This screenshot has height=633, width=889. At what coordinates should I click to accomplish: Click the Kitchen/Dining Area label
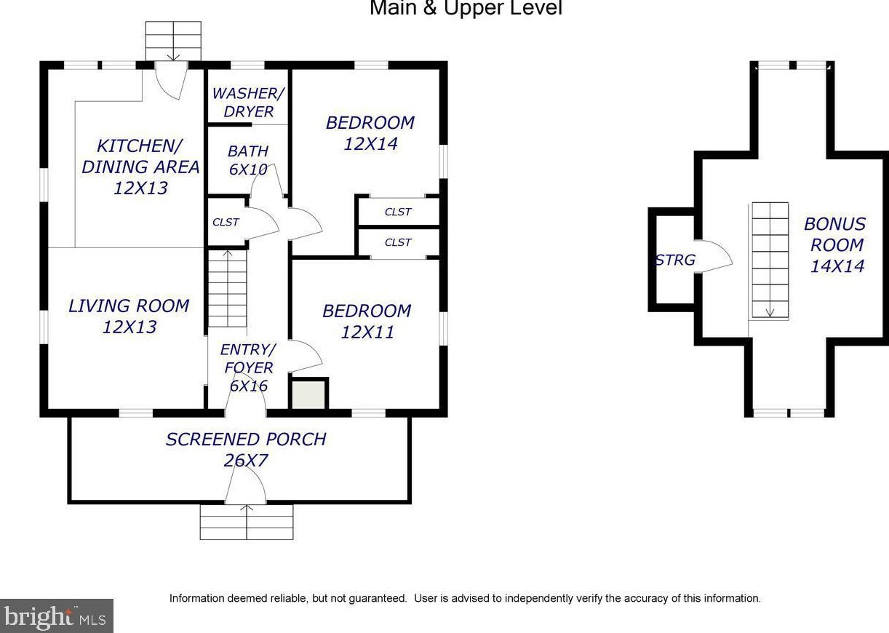point(140,167)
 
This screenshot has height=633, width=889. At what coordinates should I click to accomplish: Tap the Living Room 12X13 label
point(129,316)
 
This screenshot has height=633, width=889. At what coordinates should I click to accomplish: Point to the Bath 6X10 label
point(248,160)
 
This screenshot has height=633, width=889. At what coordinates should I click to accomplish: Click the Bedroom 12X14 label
point(370,133)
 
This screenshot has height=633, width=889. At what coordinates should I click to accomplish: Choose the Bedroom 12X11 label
point(367,322)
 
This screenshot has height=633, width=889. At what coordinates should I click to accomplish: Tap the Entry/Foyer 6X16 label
point(248,367)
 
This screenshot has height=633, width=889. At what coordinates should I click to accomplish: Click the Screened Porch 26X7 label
point(246,449)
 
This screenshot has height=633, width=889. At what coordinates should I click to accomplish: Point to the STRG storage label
point(675,260)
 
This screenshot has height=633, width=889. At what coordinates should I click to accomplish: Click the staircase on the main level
point(228,289)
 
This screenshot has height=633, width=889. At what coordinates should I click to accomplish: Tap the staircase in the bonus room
point(770,260)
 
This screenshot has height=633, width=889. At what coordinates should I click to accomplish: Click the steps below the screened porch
point(247,522)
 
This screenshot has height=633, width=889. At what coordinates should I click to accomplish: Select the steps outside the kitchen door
point(173,40)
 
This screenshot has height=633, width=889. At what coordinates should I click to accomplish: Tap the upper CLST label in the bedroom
point(398,212)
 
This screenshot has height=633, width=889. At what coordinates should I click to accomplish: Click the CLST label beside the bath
point(226,222)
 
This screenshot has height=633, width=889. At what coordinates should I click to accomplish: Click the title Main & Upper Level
point(466,9)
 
